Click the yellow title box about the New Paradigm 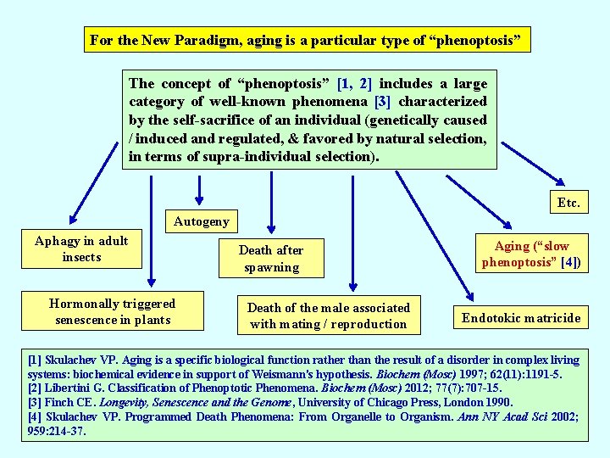coord(309,41)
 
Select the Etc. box coord(568,203)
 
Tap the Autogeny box coord(201,221)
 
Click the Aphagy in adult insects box coord(81,249)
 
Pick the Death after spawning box coord(271,259)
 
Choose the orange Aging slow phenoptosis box coord(531,254)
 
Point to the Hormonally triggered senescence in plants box coord(113,311)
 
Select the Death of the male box coord(329,316)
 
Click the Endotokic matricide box coord(521,318)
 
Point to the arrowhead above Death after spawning coord(270,225)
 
